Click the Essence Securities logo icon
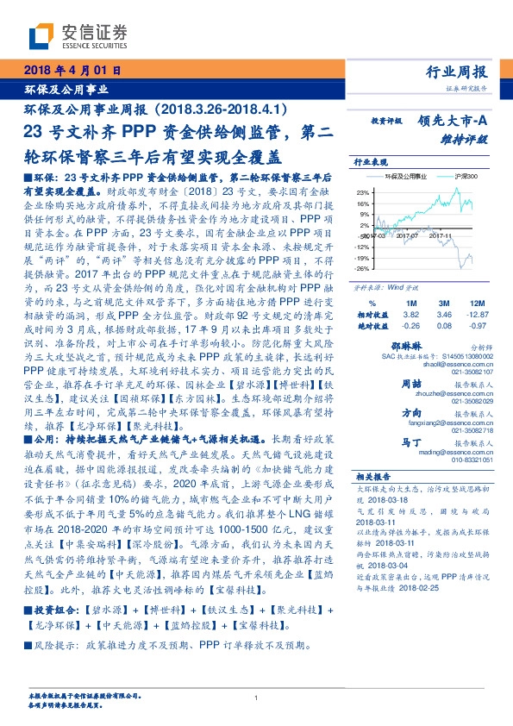[42, 35]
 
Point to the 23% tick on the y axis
[363, 192]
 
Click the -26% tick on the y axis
[362, 268]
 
